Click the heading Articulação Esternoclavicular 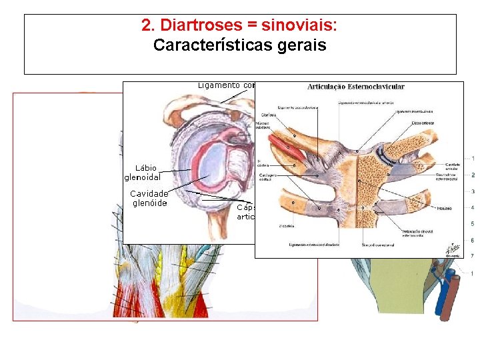(355, 87)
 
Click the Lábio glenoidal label (145, 172)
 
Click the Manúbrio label (444, 208)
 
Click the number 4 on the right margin (473, 207)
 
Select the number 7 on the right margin (473, 256)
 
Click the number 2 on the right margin (473, 175)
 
